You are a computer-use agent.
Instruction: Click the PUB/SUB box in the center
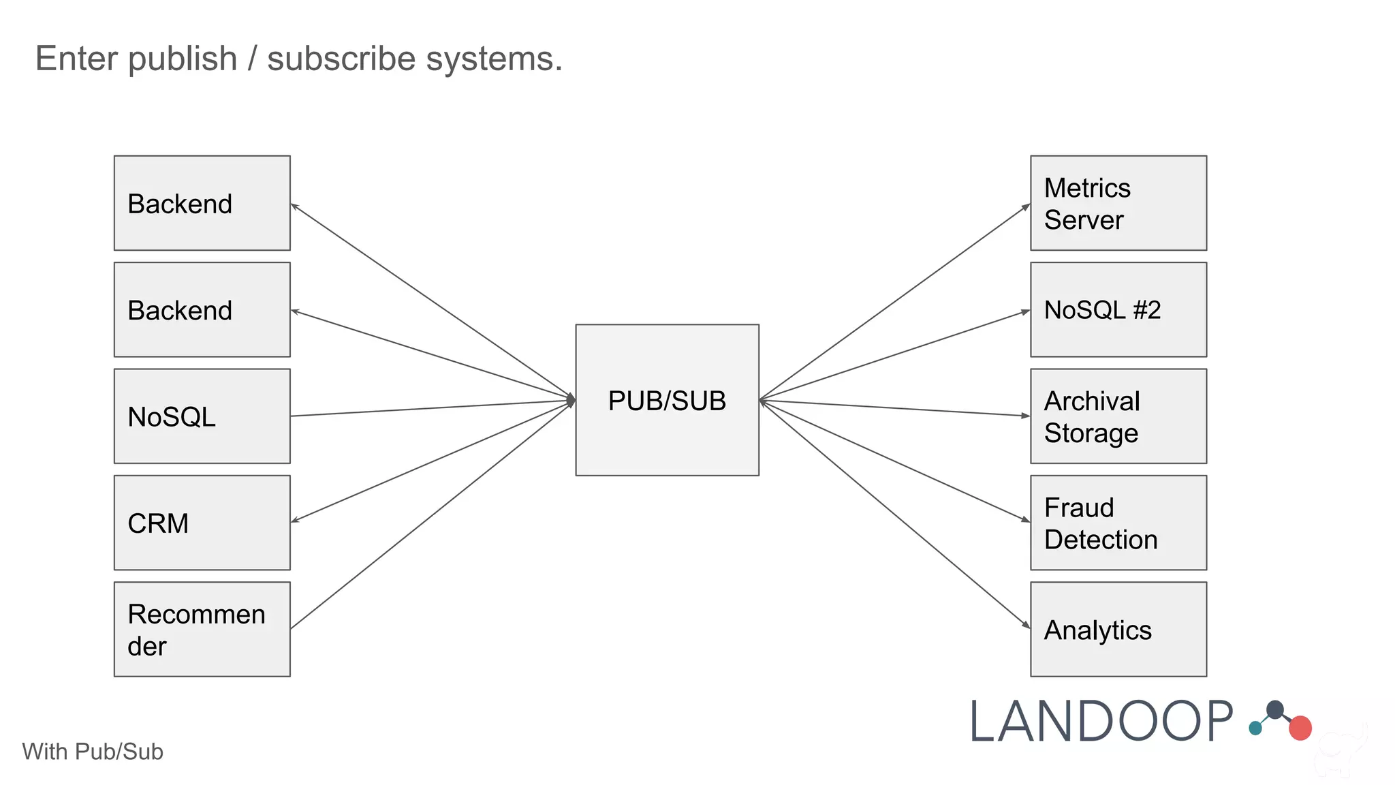click(667, 400)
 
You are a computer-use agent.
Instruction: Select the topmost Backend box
click(202, 203)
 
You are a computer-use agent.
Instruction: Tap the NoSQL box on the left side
click(202, 416)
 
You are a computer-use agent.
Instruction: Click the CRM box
click(202, 523)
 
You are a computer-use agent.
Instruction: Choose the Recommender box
click(202, 629)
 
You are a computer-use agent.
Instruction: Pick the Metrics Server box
click(1118, 203)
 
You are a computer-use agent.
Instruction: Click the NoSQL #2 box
click(1118, 309)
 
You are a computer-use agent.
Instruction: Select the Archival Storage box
click(1118, 416)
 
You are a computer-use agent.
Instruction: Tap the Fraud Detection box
click(1118, 523)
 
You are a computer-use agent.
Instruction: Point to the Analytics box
click(1118, 629)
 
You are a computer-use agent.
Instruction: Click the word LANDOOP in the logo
click(1101, 722)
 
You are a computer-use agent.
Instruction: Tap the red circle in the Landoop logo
click(1300, 728)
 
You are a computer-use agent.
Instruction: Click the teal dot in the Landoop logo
click(1255, 728)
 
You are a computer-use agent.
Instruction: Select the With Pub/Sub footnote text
click(93, 752)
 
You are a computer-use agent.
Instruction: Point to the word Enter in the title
click(76, 59)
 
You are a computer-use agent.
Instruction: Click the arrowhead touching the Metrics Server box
click(1026, 206)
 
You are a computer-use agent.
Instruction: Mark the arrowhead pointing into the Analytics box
click(1026, 624)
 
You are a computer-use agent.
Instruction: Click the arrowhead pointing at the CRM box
click(295, 521)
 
